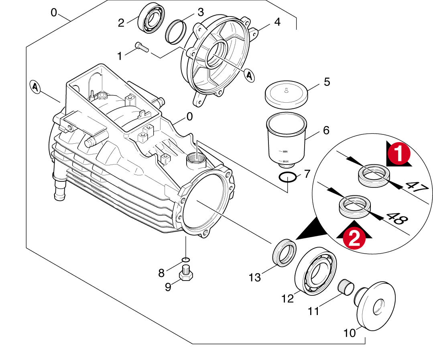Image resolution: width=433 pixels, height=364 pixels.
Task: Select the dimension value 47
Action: click(x=415, y=187)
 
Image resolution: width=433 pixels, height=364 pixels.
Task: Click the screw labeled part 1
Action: click(x=142, y=47)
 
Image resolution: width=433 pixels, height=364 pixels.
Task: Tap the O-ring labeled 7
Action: click(x=289, y=177)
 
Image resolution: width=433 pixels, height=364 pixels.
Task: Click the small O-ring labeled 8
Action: click(x=185, y=259)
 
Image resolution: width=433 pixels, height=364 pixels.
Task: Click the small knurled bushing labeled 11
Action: click(x=345, y=287)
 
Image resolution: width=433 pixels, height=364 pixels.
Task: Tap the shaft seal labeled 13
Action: click(x=284, y=252)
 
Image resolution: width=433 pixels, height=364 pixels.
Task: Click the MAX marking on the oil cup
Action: click(x=286, y=161)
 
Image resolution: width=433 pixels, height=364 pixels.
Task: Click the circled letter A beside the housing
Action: click(x=36, y=87)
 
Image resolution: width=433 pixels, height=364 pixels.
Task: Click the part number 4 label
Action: click(x=277, y=22)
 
